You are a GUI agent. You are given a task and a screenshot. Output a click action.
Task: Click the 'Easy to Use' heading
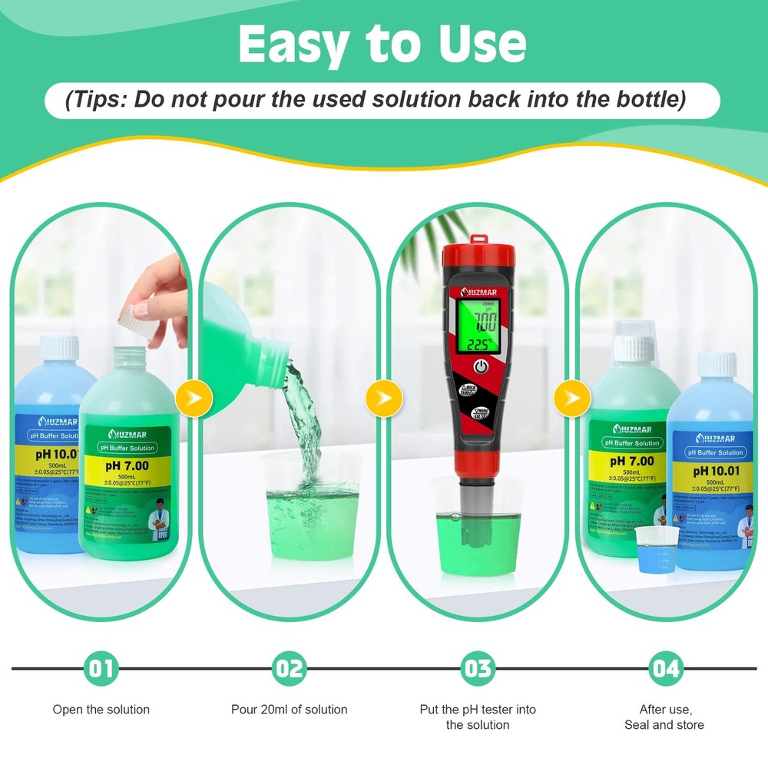[x=382, y=45]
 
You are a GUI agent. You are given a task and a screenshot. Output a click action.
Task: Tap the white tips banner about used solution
[x=382, y=100]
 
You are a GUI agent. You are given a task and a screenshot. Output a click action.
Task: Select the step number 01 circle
[x=101, y=668]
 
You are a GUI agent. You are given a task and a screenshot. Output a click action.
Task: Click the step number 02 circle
[x=290, y=668]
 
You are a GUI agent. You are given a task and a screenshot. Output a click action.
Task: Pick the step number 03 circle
[x=478, y=668]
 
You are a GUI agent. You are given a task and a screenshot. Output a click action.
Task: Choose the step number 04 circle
[x=665, y=668]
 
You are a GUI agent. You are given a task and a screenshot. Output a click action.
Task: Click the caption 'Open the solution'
[x=101, y=710]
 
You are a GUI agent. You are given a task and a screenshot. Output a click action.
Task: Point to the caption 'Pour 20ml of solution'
[x=290, y=710]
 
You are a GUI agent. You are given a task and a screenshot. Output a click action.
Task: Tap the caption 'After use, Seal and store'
[x=664, y=717]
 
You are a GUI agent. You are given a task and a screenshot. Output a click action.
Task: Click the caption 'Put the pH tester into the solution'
[x=478, y=717]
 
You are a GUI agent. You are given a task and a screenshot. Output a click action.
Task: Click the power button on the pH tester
[x=481, y=366]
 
